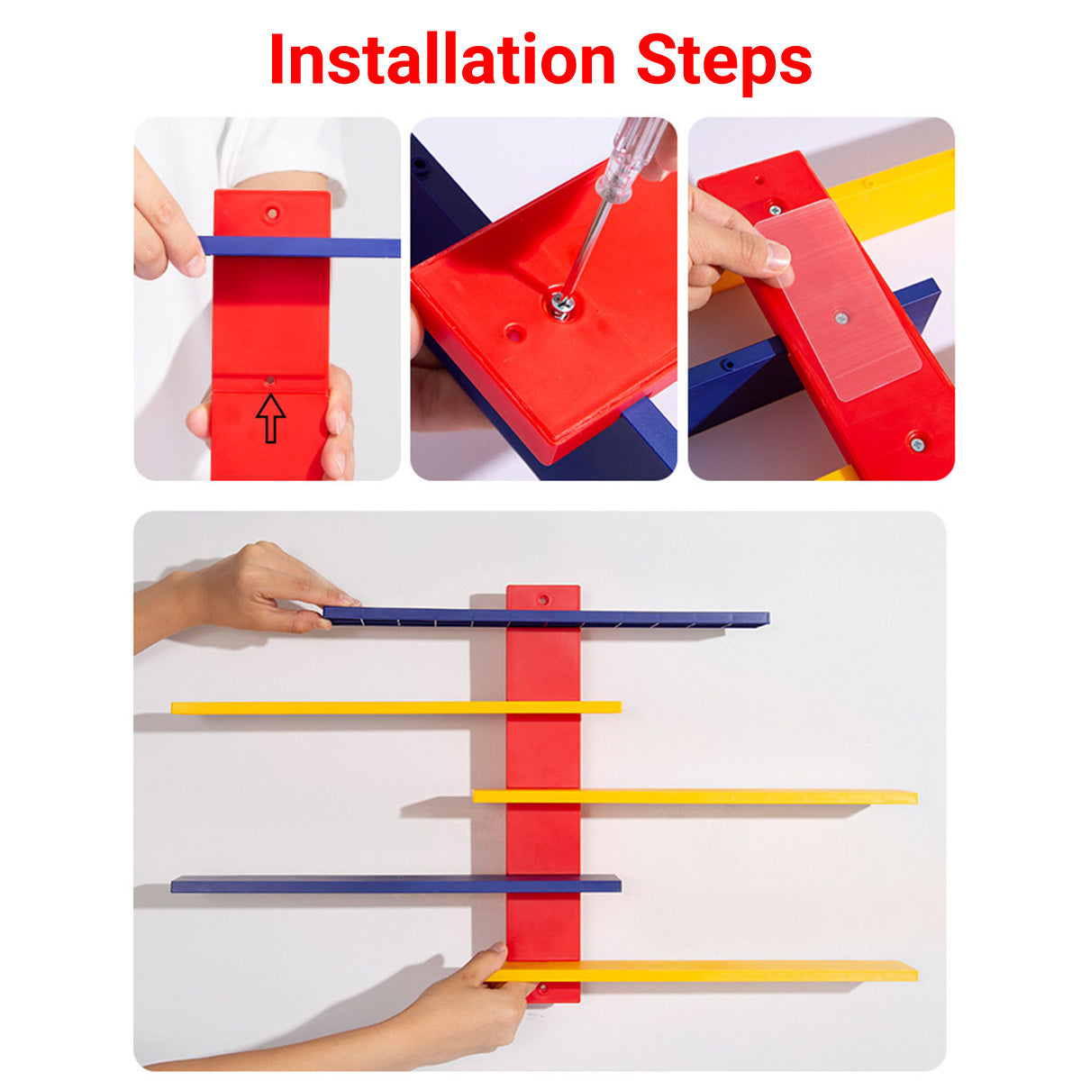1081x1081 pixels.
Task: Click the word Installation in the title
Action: coord(441,59)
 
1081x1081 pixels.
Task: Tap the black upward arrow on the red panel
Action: coord(270,419)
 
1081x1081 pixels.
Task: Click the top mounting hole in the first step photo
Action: coord(271,213)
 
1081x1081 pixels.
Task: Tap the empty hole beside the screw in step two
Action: coord(513,333)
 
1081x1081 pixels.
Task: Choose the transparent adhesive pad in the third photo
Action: coord(838,297)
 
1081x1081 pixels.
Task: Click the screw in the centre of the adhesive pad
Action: coord(840,316)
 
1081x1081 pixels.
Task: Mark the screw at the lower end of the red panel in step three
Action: coord(916,442)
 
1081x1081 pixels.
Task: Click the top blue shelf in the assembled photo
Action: coord(631,618)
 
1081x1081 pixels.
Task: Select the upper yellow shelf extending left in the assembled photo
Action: coord(360,707)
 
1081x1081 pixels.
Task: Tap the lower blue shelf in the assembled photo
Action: coord(360,884)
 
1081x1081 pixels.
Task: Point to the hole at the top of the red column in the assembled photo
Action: coord(542,598)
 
